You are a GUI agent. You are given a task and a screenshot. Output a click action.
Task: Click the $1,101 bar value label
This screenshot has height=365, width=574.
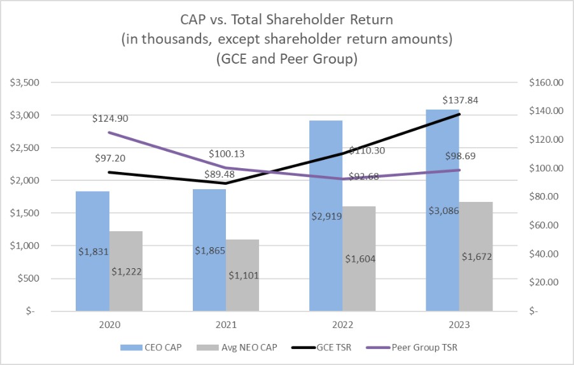pyautogui.click(x=243, y=275)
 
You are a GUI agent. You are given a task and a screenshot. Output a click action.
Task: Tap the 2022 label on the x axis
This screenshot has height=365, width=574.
pyautogui.click(x=342, y=324)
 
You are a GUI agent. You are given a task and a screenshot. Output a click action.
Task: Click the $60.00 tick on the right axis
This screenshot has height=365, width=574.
pyautogui.click(x=547, y=225)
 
